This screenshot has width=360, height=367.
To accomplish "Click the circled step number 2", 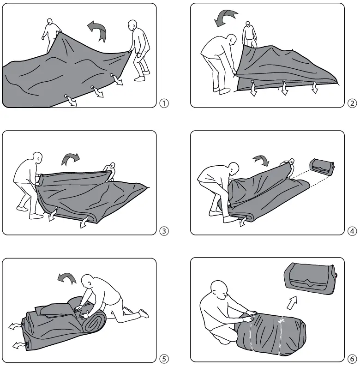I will click(352, 103).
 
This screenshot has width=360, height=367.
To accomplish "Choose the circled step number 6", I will click(352, 358).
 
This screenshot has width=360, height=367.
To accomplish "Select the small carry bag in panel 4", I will click(322, 166).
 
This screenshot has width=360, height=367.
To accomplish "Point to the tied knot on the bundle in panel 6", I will click(281, 319).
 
